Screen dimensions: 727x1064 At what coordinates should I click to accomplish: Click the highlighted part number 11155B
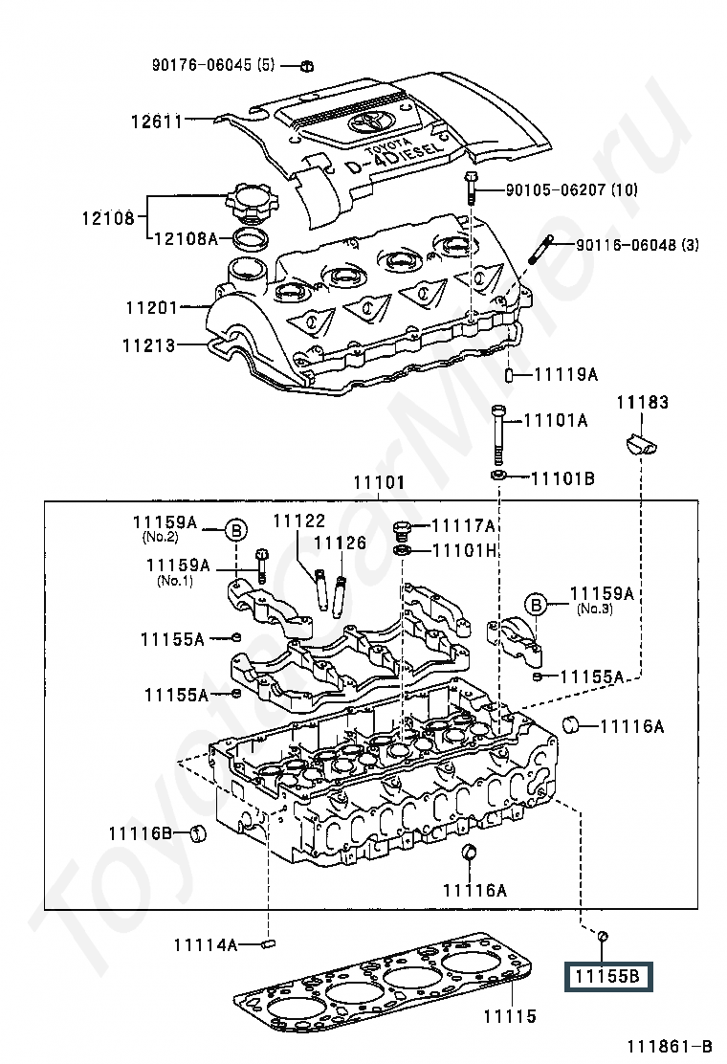pos(607,977)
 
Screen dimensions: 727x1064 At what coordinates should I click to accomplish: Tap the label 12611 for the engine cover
pos(157,122)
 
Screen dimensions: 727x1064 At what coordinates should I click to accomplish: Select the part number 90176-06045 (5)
pos(213,65)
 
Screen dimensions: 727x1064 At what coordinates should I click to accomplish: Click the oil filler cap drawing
pos(246,203)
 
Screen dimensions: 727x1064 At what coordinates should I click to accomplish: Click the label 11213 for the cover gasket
pos(148,345)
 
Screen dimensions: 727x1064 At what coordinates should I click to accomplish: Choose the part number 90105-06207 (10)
pos(572,189)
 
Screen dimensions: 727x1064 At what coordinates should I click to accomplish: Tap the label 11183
pos(642,403)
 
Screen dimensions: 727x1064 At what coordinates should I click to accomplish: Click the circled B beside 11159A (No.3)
pos(536,603)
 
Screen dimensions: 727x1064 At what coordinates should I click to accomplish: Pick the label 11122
pos(299,521)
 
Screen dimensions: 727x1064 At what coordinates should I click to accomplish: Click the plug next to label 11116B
pos(197,832)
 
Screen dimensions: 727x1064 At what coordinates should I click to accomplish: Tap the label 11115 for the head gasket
pos(509,1016)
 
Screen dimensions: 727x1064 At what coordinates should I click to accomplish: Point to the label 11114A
pos(206,943)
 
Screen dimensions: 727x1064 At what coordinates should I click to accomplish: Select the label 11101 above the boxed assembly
pos(379,483)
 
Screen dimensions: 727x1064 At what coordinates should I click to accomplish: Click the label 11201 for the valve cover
pos(152,308)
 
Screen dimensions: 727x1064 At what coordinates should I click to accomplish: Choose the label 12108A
pos(186,238)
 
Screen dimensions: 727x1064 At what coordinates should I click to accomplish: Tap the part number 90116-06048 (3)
pos(637,244)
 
